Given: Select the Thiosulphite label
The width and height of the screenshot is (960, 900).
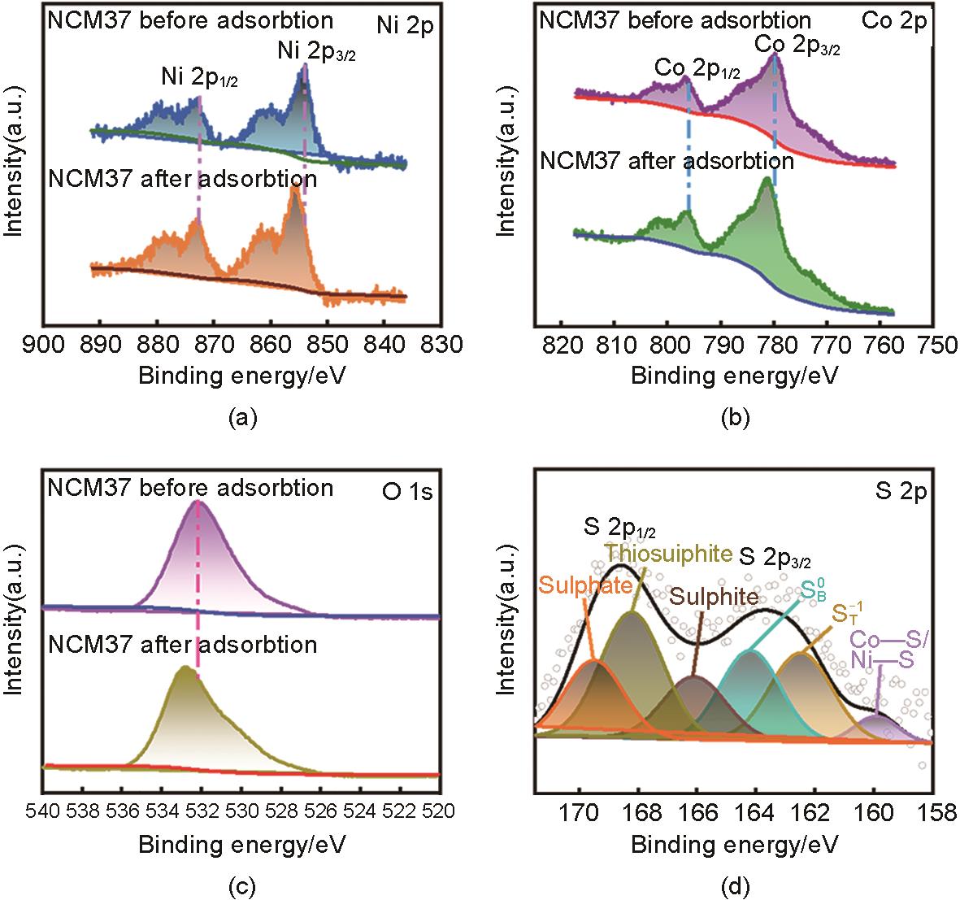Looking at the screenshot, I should click(x=668, y=554).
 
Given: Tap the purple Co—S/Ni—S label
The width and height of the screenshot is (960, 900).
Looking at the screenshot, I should click(x=890, y=651).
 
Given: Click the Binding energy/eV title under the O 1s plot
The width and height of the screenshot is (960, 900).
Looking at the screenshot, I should click(x=242, y=845).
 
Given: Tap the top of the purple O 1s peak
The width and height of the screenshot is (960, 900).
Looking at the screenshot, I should click(x=198, y=502).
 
